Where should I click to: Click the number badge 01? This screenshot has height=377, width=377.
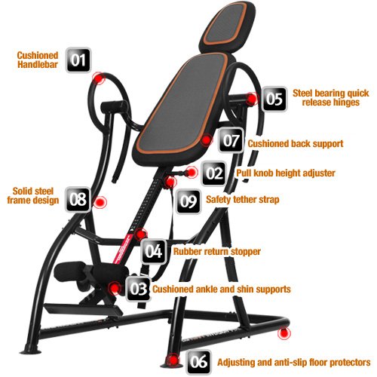point(78,60)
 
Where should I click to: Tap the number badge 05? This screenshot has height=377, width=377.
point(274,99)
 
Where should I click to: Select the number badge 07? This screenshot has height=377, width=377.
point(231,140)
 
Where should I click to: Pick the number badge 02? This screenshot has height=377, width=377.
point(214,173)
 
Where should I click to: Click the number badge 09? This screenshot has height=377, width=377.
point(188,201)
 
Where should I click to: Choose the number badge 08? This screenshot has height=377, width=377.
point(78,199)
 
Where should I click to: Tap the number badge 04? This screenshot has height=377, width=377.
point(154,251)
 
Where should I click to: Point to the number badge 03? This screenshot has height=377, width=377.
point(139,289)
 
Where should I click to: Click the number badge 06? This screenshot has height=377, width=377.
point(198,362)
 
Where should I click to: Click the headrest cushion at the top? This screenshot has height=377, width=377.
point(227,26)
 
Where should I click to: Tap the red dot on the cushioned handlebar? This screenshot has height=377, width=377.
point(98,78)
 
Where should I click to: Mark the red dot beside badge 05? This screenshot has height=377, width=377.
point(252,99)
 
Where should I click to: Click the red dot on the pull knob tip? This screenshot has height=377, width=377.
point(192,173)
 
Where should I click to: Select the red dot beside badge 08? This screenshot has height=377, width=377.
point(100,201)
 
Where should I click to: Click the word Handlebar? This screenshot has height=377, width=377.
point(38,65)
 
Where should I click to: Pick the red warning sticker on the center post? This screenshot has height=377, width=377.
point(123,249)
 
